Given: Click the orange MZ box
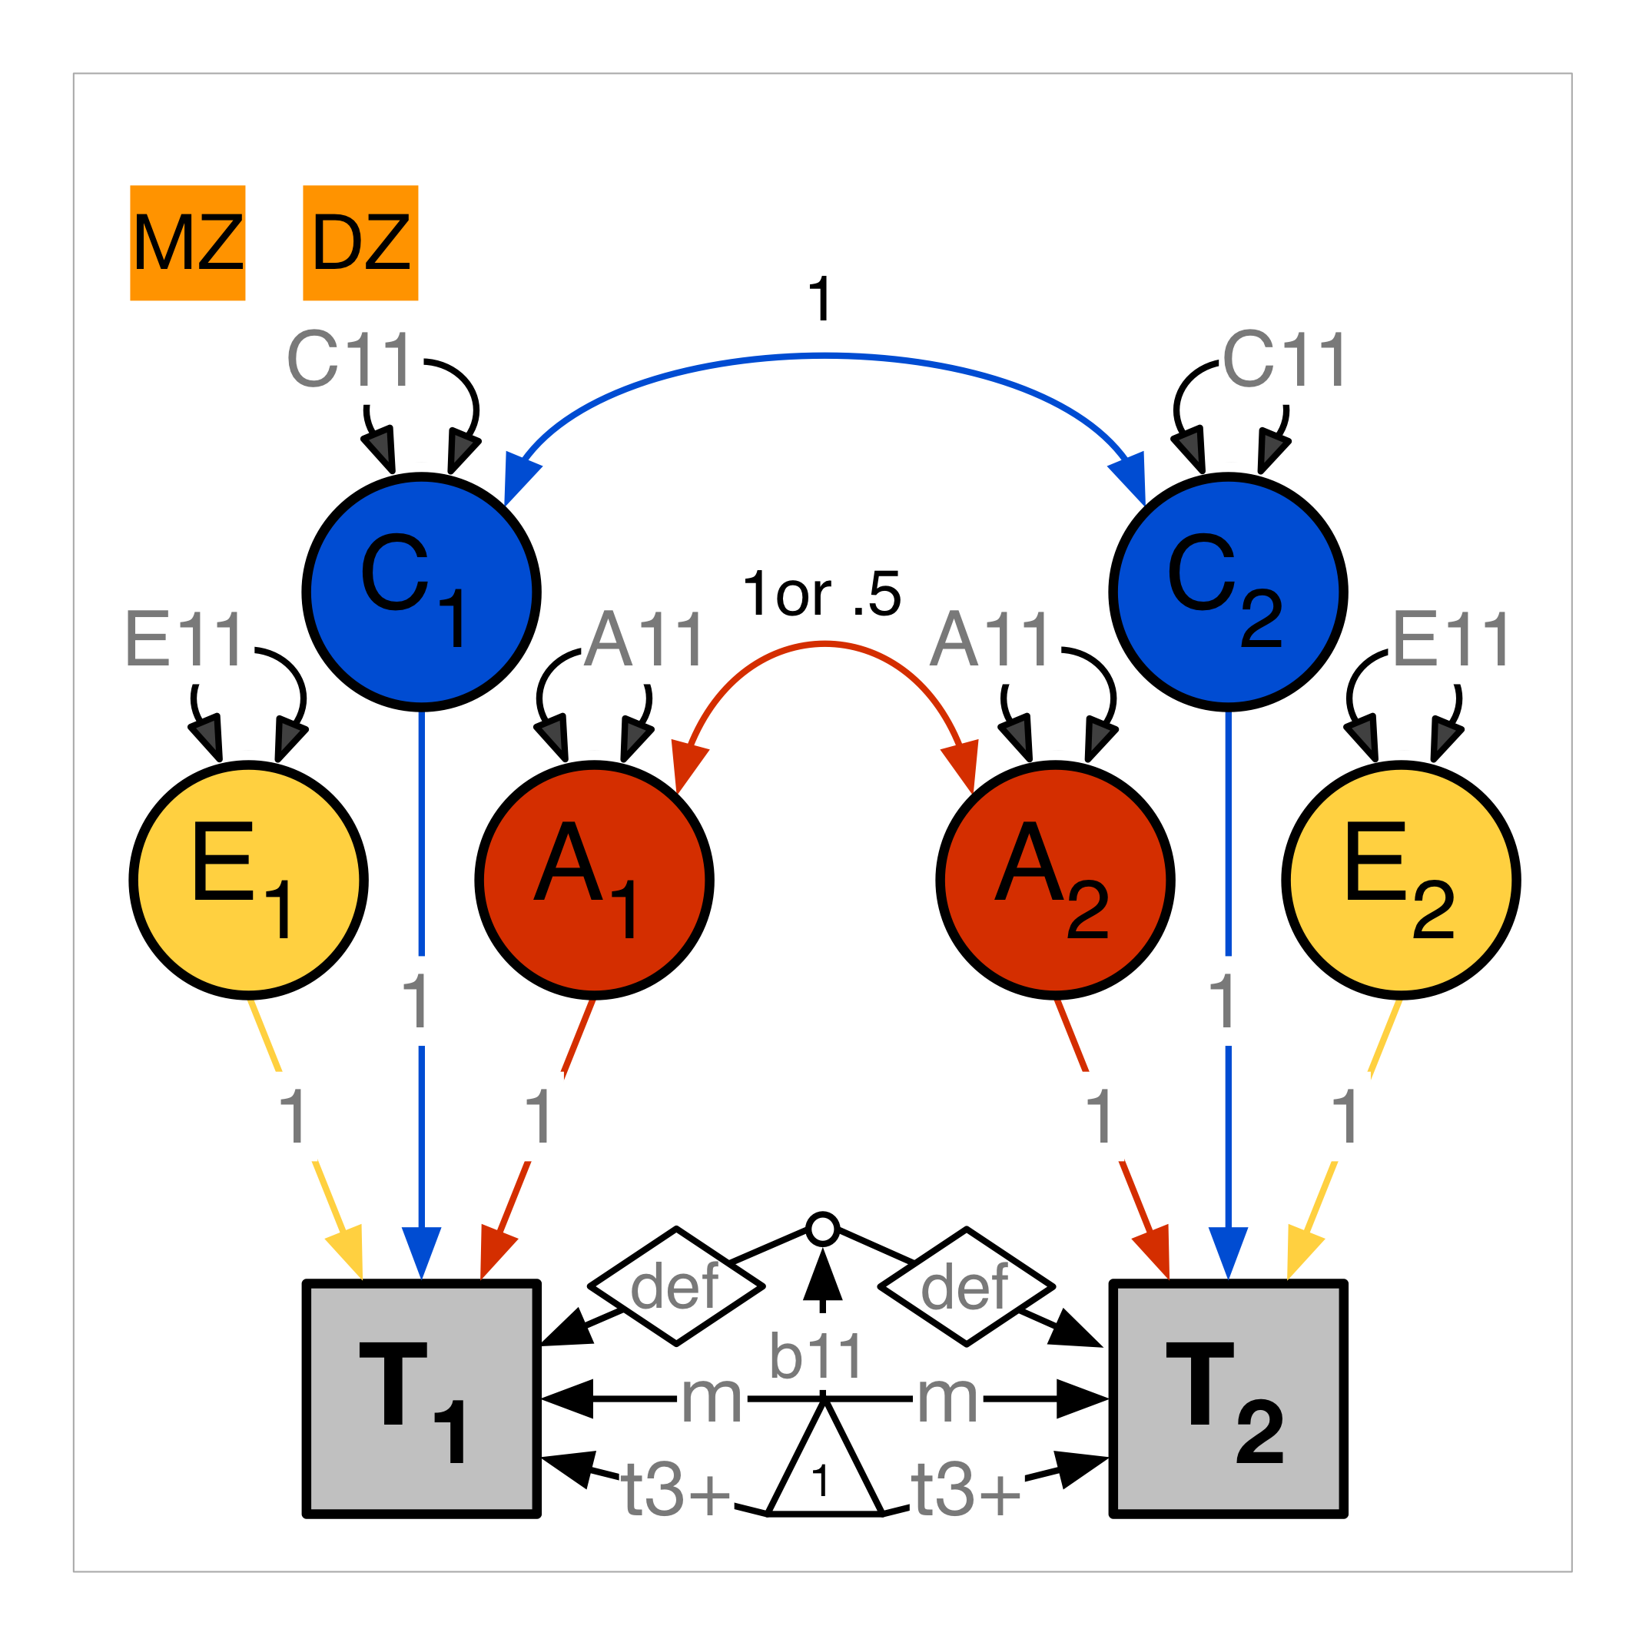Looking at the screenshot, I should click(x=187, y=243).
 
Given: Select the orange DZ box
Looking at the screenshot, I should click(x=360, y=243).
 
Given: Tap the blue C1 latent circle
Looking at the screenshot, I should click(x=422, y=592).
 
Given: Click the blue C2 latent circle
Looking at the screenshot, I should click(x=1228, y=592).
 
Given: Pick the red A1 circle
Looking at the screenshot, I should click(x=594, y=880).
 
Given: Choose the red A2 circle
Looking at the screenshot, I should click(x=1055, y=880).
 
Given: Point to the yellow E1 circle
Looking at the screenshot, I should click(x=248, y=880).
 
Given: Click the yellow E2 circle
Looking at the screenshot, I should click(x=1401, y=880).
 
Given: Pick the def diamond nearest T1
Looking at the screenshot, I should click(x=676, y=1286).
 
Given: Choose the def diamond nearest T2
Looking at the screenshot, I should click(x=966, y=1286).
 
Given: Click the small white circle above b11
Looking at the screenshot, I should click(x=823, y=1229).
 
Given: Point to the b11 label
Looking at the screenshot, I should click(x=816, y=1355).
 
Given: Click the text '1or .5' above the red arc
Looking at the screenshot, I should click(x=821, y=594).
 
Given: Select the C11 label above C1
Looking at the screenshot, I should click(x=350, y=360).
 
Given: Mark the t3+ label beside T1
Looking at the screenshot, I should click(x=676, y=1490).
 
